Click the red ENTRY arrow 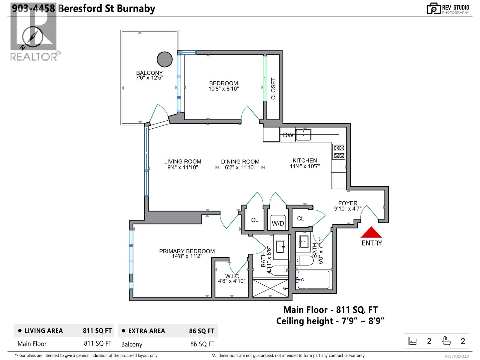[371, 232]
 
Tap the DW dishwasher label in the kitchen [288, 135]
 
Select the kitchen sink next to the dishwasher [303, 135]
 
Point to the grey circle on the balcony [165, 59]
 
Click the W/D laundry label [278, 223]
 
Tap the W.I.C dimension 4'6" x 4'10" [232, 281]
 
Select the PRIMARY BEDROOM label [187, 251]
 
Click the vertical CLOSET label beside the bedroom [273, 89]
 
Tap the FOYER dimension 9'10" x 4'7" [348, 208]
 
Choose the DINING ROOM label [240, 161]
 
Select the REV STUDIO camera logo [433, 8]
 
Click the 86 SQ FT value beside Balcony [202, 344]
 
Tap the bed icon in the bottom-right [413, 341]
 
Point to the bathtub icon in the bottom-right [447, 341]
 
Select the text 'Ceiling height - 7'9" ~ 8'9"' [330, 321]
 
